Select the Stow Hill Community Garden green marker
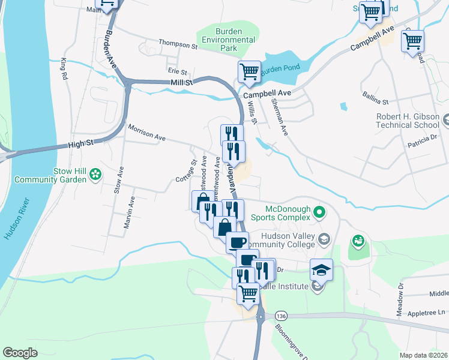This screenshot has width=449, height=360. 95,175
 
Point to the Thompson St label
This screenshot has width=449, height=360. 178,44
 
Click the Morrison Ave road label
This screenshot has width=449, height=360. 146,132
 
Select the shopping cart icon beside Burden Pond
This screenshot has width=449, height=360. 249,73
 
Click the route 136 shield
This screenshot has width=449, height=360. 280,315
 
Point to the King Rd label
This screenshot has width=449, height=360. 62,70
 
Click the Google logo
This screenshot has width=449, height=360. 20,353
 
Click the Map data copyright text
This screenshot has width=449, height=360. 424,355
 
